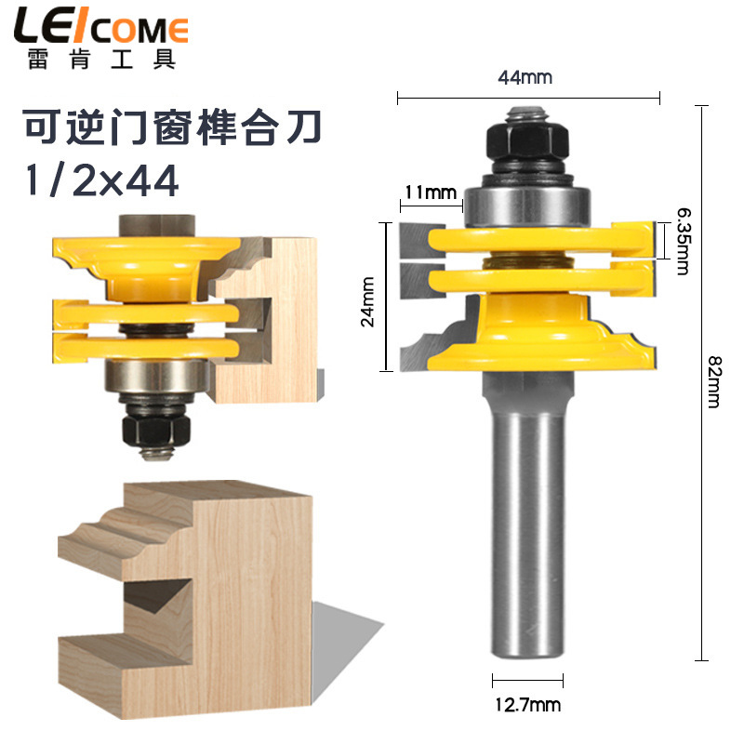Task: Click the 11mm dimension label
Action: pos(429,193)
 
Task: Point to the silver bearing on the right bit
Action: pos(526,200)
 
